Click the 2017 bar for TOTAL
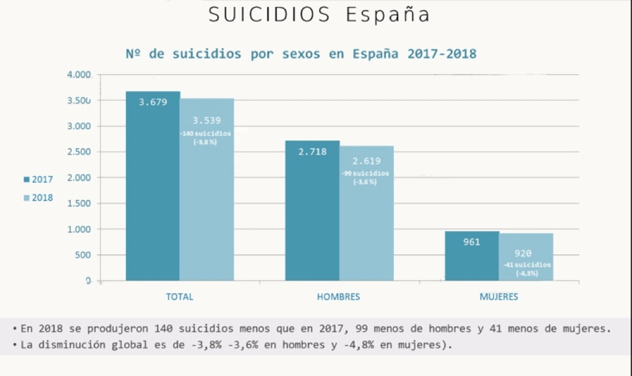click(153, 190)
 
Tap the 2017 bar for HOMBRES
click(312, 215)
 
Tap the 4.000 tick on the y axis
click(79, 75)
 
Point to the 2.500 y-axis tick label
click(79, 152)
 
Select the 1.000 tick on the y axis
click(79, 229)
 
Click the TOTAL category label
click(179, 296)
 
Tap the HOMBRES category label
click(338, 296)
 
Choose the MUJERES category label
click(498, 296)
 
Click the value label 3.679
click(153, 101)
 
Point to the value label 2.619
click(366, 161)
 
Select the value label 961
click(472, 241)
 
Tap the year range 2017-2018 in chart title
click(442, 54)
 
